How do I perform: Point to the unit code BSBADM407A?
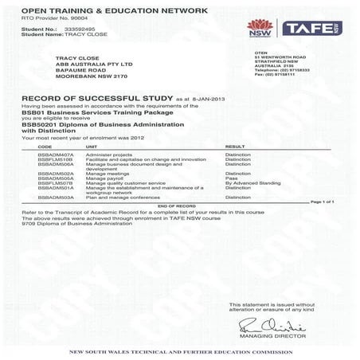[55, 152]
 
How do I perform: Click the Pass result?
[232, 177]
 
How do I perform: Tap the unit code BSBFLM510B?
[55, 158]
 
